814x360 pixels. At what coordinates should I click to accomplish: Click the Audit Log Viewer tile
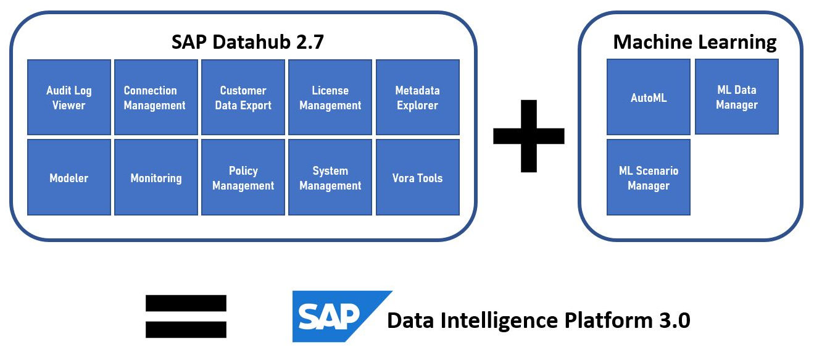coord(69,98)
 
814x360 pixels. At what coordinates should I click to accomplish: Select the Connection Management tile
coord(156,98)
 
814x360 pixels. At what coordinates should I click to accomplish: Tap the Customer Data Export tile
coord(243,98)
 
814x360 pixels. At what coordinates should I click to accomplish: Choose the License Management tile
coord(330,98)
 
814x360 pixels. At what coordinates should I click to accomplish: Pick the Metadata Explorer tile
coord(418,98)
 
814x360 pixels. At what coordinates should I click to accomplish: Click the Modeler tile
coord(69,178)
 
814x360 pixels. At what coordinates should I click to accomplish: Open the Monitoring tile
coord(156,178)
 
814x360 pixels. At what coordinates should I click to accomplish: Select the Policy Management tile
coord(243,178)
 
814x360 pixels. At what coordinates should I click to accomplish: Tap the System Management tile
coord(330,178)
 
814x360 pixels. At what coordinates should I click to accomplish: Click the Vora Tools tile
coord(418,178)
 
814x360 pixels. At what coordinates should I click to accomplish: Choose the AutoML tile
coord(649,98)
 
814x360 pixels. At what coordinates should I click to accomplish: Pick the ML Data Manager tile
coord(737,97)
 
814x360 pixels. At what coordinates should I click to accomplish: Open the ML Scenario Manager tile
coord(649,178)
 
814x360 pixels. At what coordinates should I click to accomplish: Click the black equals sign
coord(186,316)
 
